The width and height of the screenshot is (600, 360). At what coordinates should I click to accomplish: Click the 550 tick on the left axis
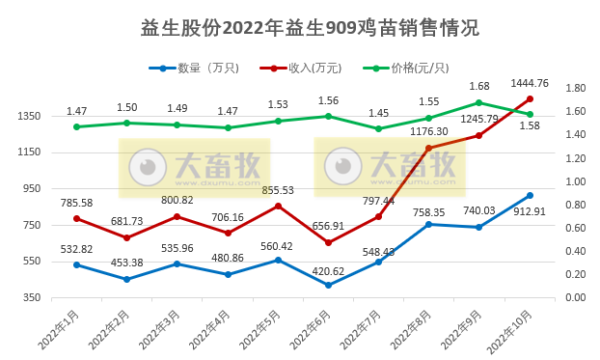[x=32, y=262]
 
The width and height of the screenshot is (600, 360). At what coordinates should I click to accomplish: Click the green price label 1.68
[x=479, y=87]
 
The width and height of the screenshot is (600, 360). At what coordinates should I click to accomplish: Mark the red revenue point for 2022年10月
[x=530, y=98]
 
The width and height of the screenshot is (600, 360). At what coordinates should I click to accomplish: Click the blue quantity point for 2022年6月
[x=328, y=285]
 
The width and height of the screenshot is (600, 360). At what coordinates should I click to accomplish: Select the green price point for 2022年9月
[x=479, y=102]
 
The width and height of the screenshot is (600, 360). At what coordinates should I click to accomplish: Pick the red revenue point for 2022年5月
[x=278, y=206]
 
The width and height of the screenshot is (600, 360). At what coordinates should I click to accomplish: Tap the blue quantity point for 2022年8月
[x=428, y=224]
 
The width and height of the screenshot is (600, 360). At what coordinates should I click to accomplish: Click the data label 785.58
[x=77, y=203]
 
